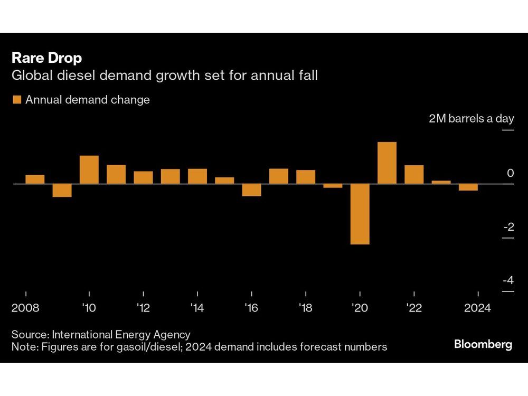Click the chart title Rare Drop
(46, 58)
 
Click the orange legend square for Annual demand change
(16, 100)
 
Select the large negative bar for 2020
(360, 214)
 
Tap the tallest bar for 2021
(387, 163)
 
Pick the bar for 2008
(35, 179)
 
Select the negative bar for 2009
(62, 190)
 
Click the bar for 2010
(89, 169)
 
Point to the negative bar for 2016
(251, 190)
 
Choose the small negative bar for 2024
(468, 187)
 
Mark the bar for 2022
(414, 174)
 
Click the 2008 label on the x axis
(26, 308)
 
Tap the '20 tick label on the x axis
(360, 308)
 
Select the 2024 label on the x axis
(477, 308)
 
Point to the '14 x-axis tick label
(197, 308)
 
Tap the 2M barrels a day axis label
(470, 119)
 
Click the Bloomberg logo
(483, 345)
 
